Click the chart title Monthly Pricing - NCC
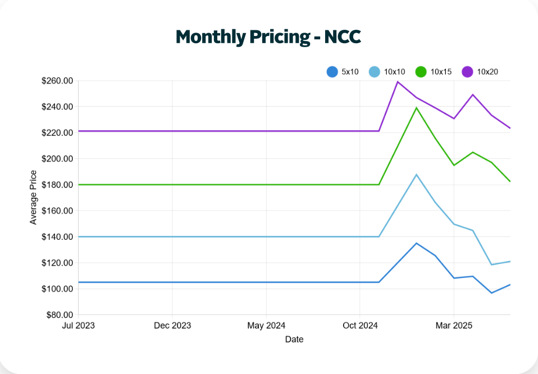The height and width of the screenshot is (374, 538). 268,37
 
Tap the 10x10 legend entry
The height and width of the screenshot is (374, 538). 387,72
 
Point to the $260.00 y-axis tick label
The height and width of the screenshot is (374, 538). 57,81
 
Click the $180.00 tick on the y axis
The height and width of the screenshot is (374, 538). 57,185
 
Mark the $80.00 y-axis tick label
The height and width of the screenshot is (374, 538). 60,315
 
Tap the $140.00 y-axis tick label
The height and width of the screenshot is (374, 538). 57,237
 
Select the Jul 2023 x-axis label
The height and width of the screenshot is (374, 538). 78,326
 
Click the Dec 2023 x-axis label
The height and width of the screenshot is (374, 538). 172,326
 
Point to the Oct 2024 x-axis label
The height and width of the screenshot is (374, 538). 360,326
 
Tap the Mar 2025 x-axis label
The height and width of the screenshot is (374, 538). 454,326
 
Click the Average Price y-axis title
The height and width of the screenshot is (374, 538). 33,198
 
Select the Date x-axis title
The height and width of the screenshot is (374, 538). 294,339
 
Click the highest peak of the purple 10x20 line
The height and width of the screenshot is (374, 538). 398,81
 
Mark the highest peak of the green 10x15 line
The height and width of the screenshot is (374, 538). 416,107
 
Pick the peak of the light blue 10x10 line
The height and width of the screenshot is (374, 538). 416,174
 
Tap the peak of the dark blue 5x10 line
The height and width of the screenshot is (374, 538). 416,243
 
